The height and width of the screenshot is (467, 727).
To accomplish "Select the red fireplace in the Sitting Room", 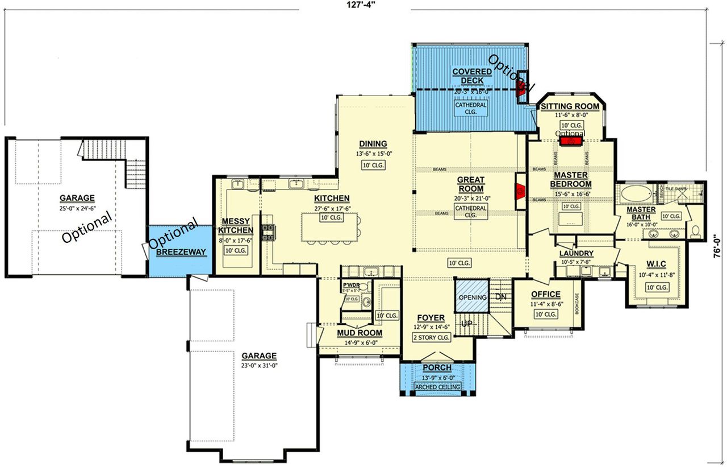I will tap(571, 140).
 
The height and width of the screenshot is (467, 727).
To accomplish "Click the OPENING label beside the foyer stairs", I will tap(473, 297).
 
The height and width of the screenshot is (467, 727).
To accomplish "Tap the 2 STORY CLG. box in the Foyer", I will tap(432, 337).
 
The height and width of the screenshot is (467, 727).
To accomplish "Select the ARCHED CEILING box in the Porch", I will tap(437, 387).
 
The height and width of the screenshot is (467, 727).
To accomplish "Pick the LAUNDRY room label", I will tap(576, 253).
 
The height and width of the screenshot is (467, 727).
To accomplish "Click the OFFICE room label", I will tap(545, 294).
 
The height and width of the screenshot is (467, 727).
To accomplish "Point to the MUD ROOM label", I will tap(359, 333).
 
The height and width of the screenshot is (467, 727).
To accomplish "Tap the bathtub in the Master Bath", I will tap(637, 194).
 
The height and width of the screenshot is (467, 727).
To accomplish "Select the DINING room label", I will tap(373, 144).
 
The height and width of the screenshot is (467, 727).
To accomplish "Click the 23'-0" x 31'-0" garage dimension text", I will tap(258, 365).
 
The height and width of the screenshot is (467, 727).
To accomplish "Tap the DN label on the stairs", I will tap(501, 297).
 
